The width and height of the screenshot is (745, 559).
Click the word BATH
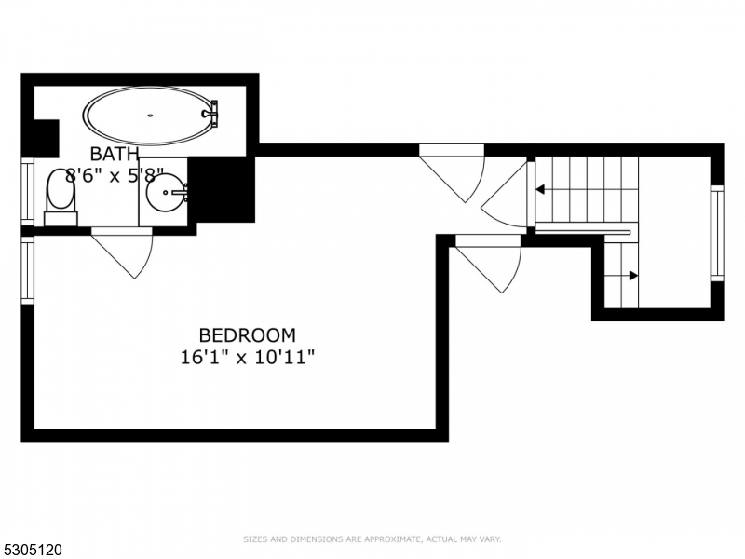tap(115, 154)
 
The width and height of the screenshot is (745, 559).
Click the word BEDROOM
tap(248, 334)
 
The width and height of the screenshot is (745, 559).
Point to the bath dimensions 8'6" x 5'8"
tap(115, 175)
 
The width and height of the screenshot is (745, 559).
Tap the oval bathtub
tap(149, 116)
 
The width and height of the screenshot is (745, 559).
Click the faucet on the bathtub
tap(211, 114)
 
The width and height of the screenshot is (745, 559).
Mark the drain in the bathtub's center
tap(150, 116)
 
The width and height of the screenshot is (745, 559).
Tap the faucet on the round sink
tap(183, 193)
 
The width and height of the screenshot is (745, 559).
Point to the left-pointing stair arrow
tap(540, 190)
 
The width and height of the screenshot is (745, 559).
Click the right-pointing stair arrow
tap(632, 276)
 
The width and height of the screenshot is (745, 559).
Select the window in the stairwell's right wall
tap(717, 233)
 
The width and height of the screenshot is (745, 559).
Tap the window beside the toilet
tap(27, 193)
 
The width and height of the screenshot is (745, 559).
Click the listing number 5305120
tap(33, 551)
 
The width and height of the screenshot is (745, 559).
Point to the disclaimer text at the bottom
tap(372, 539)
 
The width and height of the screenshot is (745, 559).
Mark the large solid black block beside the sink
tap(221, 189)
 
